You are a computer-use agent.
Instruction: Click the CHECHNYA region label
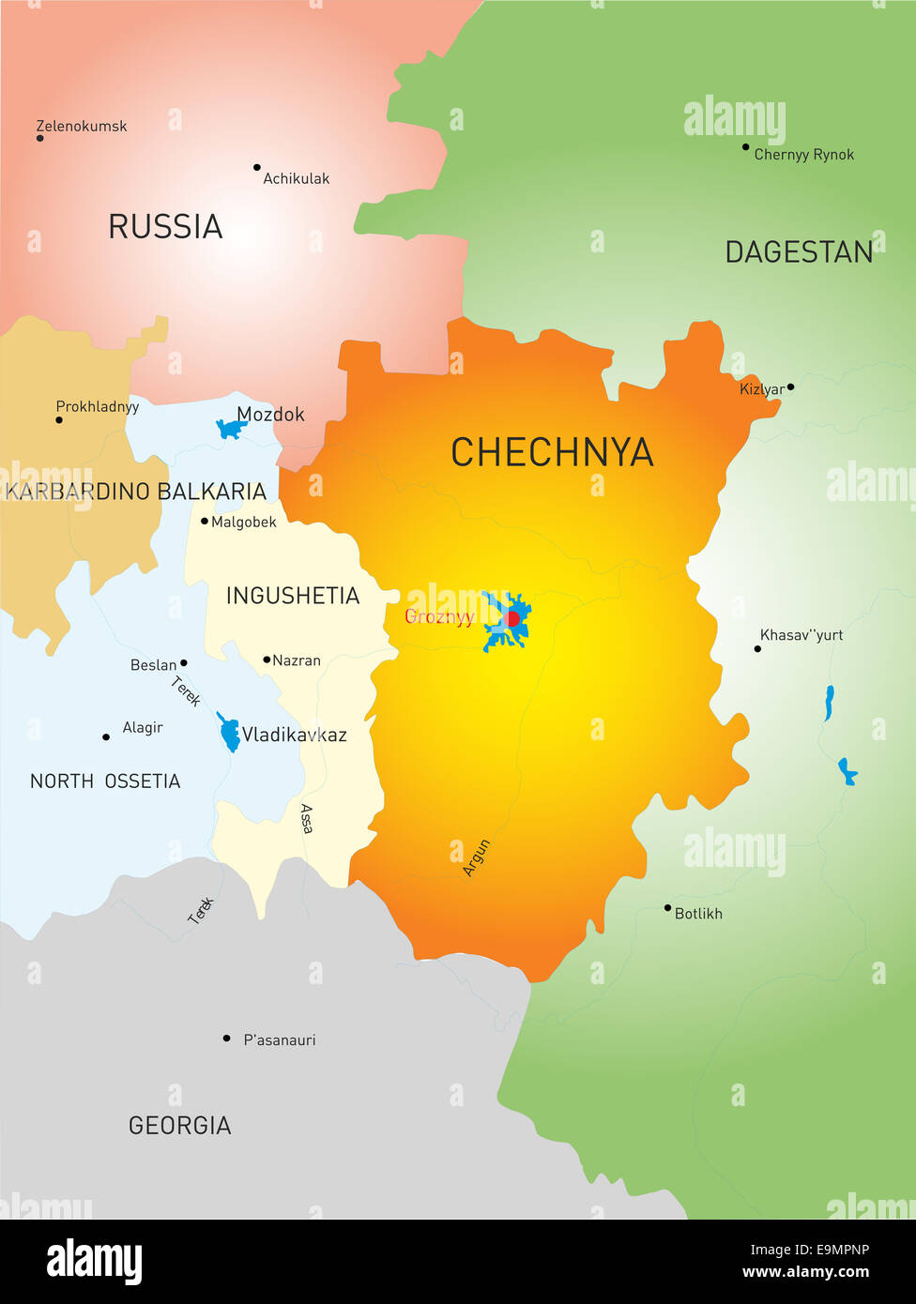552,452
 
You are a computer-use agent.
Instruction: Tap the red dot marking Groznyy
512,619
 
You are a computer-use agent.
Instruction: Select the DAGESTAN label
799,252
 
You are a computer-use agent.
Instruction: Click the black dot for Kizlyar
790,387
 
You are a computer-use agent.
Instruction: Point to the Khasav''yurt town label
801,635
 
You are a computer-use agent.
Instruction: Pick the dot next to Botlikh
667,907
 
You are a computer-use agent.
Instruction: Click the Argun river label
477,858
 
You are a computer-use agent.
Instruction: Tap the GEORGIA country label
179,1126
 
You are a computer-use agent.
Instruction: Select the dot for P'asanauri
226,1039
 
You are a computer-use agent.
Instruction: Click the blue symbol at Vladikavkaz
229,733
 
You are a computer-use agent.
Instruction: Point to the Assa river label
307,818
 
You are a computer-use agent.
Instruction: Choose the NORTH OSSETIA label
105,781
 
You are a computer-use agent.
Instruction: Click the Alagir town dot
105,737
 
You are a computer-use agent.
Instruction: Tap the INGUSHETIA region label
293,596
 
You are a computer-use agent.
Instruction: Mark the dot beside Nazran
267,660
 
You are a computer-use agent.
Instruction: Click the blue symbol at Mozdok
229,429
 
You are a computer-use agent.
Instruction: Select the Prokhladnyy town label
98,406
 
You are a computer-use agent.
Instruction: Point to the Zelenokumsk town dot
39,138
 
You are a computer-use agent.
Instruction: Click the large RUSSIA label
165,227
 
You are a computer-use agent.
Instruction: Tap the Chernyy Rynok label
804,155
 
